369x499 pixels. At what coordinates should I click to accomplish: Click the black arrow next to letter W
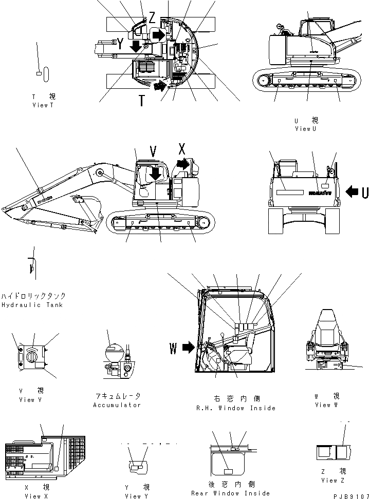tap(188, 348)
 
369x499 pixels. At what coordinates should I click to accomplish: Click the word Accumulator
tap(117, 405)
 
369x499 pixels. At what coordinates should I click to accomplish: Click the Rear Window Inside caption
tap(230, 493)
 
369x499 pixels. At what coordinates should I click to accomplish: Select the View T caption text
tap(43, 105)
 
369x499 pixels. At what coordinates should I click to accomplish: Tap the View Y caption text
tap(137, 496)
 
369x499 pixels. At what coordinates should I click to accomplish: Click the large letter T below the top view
tap(141, 101)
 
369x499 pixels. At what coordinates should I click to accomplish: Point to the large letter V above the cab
tap(153, 151)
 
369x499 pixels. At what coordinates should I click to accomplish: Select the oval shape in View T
tap(46, 74)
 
